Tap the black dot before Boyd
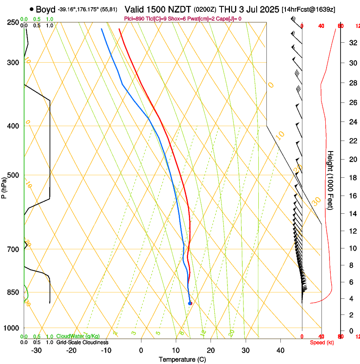pyautogui.click(x=32, y=9)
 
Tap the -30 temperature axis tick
pyautogui.click(x=36, y=350)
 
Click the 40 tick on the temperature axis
pyautogui.click(x=280, y=350)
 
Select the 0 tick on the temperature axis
pyautogui.click(x=141, y=350)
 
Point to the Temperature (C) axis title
pyautogui.click(x=182, y=359)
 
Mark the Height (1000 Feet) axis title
pyautogui.click(x=331, y=180)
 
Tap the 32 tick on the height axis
pyautogui.click(x=352, y=43)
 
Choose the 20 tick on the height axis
pyautogui.click(x=352, y=159)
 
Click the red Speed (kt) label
pyautogui.click(x=322, y=342)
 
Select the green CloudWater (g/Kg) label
pyautogui.click(x=78, y=336)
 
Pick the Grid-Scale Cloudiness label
pyautogui.click(x=82, y=342)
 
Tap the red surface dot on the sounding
pyautogui.click(x=190, y=303)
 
